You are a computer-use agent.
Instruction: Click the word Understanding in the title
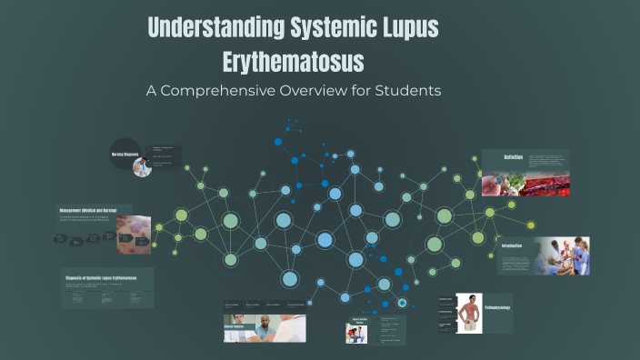(x=212, y=28)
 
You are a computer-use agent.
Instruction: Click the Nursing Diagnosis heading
(x=124, y=155)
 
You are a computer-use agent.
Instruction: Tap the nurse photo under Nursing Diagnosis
(x=141, y=167)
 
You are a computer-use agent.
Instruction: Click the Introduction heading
(x=514, y=246)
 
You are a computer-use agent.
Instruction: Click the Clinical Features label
(x=235, y=325)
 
